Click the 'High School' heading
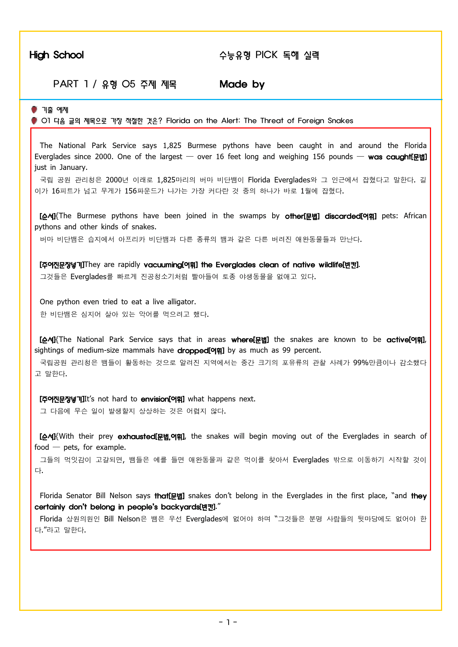tap(57, 55)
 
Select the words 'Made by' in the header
tap(242, 84)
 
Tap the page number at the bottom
tap(228, 622)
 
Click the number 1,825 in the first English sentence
tap(172, 146)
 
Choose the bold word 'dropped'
tap(193, 350)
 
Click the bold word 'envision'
tap(155, 399)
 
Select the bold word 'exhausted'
tap(136, 437)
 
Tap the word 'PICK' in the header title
tap(266, 55)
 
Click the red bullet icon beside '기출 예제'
tap(34, 110)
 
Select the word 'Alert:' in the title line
tap(231, 121)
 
